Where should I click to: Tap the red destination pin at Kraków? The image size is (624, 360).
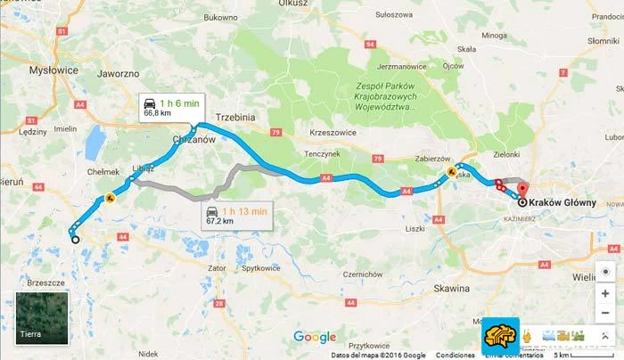tap(522, 188)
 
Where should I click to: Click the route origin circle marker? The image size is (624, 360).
tap(75, 239)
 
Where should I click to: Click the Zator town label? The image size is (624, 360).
tap(215, 267)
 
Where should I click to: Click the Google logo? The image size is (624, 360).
tap(315, 337)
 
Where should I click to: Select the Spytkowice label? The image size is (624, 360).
tap(265, 267)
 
